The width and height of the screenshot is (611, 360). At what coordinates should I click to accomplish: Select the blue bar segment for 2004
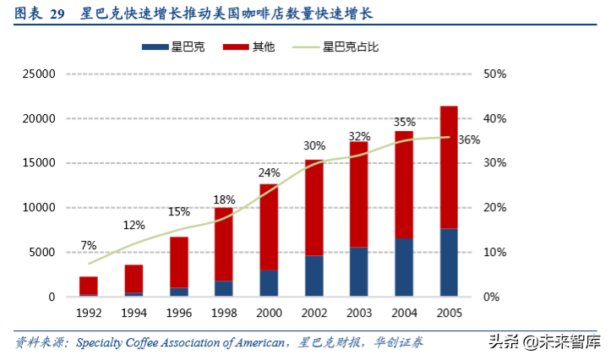tap(404, 267)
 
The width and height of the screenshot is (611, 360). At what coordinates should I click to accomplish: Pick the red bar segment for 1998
tap(223, 244)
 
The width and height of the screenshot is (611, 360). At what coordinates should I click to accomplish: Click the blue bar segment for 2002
tap(314, 275)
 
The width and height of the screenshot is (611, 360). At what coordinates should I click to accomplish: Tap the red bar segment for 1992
tap(89, 285)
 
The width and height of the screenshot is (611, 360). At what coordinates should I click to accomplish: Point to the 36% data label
tap(469, 139)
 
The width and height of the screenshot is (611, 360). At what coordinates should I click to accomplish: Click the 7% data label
tap(89, 246)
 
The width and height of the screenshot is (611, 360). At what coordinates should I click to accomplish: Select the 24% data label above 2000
tap(269, 174)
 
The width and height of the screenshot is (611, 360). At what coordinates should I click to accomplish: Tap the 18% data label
tap(224, 199)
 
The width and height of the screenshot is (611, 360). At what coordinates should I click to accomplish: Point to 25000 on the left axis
tap(38, 74)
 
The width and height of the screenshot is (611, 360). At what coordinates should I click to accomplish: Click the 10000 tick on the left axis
tap(38, 208)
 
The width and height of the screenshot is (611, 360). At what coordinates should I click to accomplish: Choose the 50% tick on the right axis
tap(494, 74)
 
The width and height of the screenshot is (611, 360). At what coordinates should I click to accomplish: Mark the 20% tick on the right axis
tap(494, 208)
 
